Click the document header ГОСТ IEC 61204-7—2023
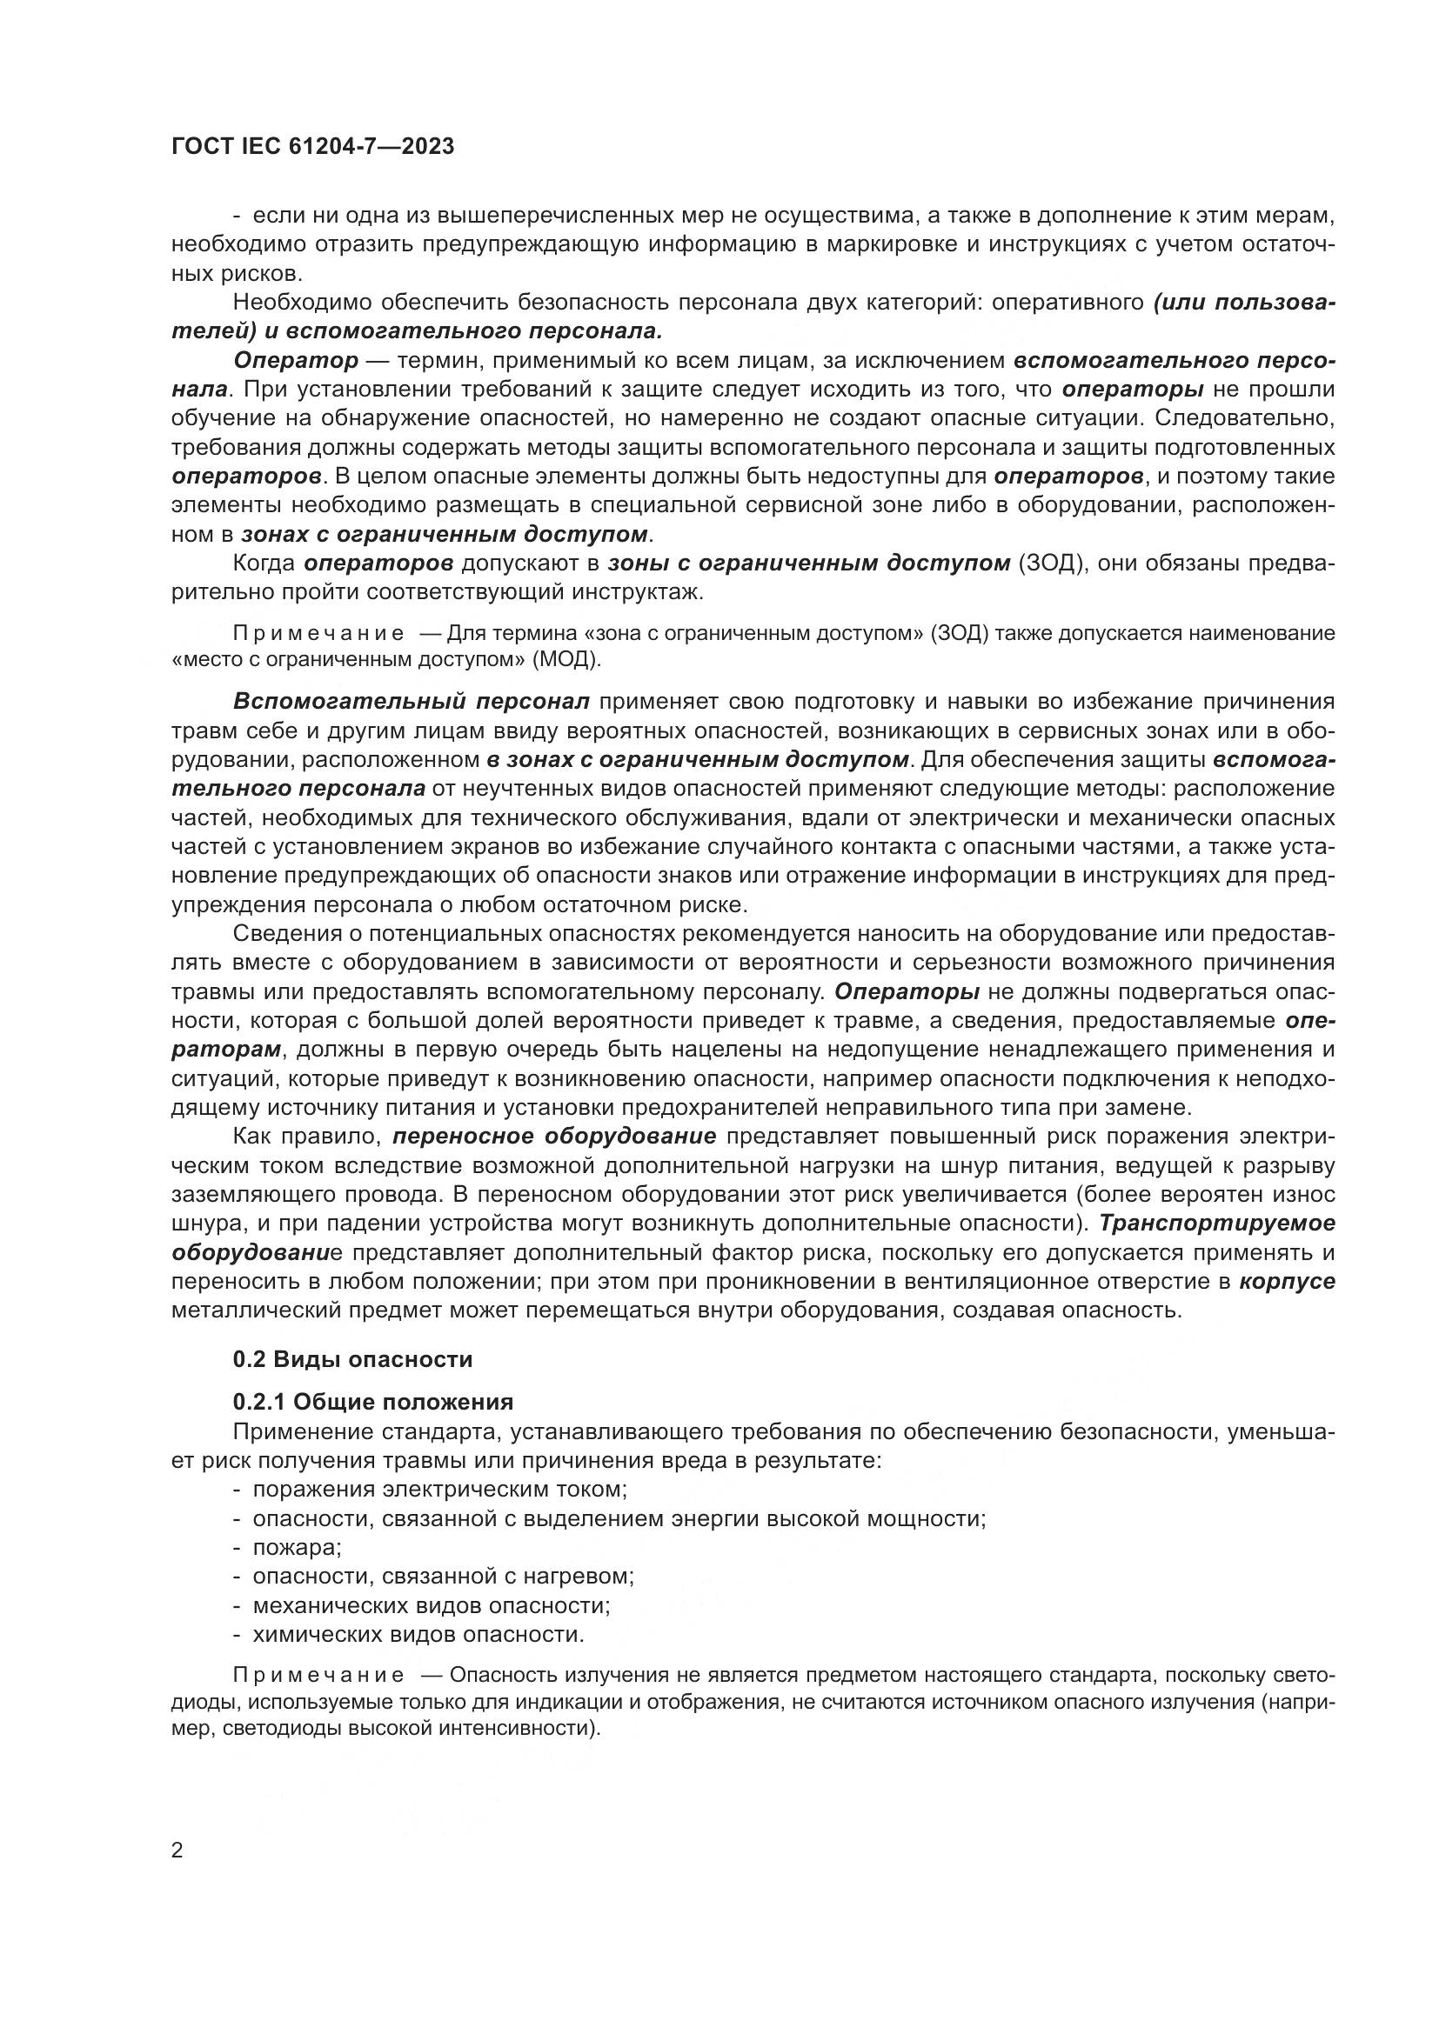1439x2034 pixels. tap(313, 147)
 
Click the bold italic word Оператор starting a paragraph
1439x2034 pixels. tap(296, 361)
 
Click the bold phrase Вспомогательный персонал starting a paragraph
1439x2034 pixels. tap(412, 702)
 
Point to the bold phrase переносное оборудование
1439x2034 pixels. tap(554, 1137)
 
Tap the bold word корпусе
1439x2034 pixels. tap(1287, 1282)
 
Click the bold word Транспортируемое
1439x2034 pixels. tap(1215, 1224)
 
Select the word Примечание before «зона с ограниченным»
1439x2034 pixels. tap(318, 633)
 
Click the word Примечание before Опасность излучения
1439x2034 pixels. tap(318, 1674)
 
